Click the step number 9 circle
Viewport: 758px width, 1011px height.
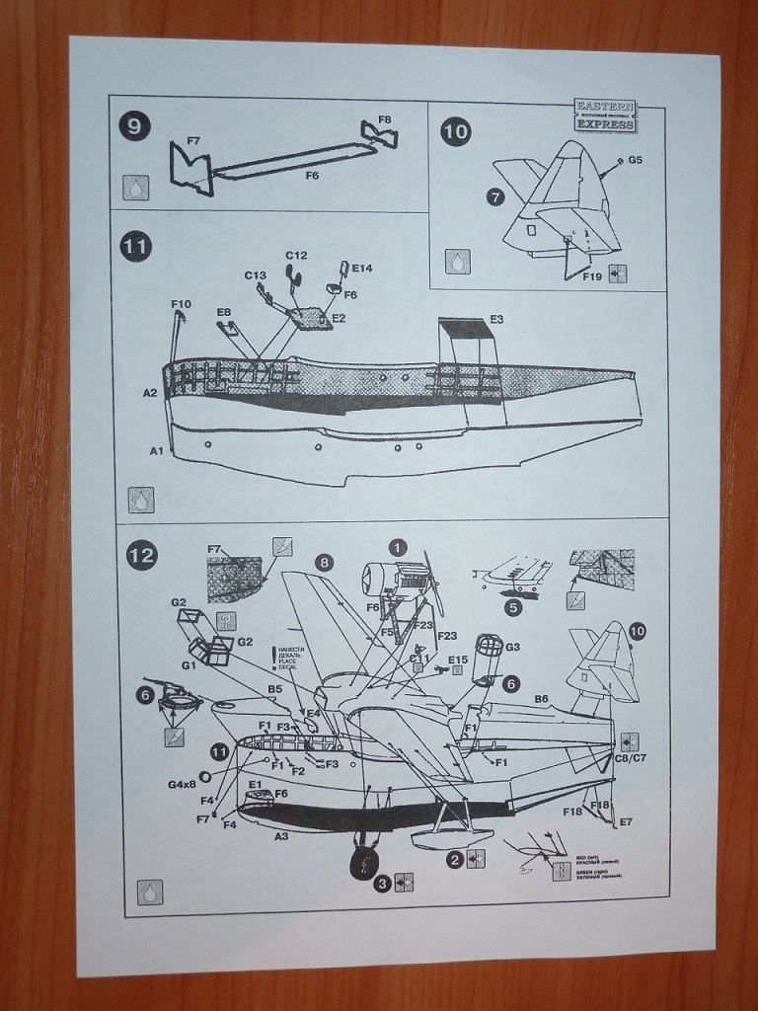(134, 126)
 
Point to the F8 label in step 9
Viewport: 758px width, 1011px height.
(384, 120)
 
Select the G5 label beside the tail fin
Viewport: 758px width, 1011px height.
(635, 159)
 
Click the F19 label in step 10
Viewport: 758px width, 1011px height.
(591, 277)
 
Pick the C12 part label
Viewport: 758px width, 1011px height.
(297, 256)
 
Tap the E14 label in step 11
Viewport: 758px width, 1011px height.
(361, 269)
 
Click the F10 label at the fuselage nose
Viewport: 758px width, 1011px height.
(181, 303)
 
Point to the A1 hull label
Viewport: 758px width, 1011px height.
(156, 450)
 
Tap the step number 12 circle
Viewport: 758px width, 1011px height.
(142, 556)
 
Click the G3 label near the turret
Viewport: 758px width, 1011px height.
(512, 647)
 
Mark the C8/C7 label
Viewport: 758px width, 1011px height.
(629, 759)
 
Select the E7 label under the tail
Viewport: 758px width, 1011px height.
(626, 821)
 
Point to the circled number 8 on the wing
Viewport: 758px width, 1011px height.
(324, 562)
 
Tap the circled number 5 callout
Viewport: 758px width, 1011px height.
(513, 607)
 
